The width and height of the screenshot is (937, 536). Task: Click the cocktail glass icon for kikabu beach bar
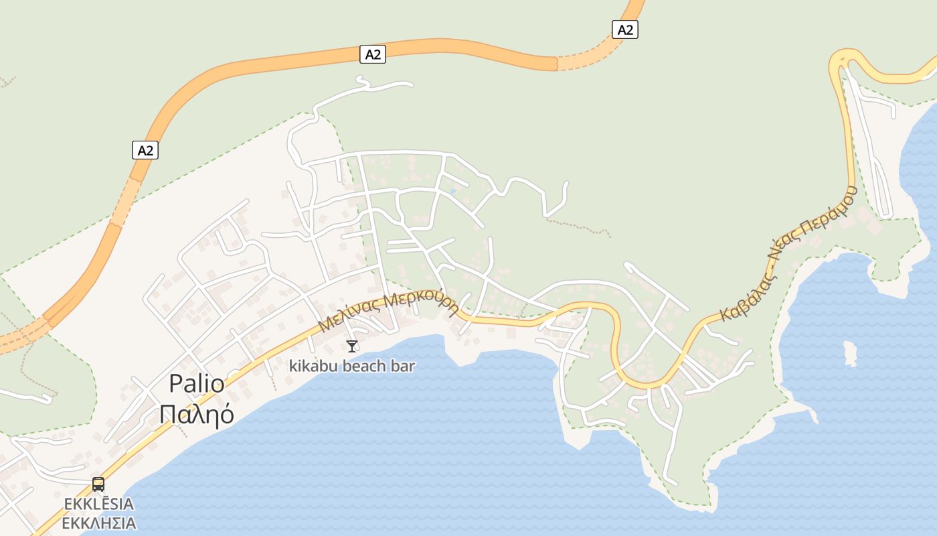tap(352, 346)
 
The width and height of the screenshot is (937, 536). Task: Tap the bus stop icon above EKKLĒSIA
tap(98, 484)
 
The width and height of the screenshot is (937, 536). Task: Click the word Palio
tap(196, 384)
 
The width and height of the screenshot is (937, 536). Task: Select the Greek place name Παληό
tap(197, 415)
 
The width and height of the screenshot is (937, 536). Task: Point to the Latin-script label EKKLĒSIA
tap(99, 504)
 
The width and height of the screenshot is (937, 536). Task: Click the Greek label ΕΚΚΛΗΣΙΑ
tap(99, 523)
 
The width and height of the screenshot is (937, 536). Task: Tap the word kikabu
tap(314, 366)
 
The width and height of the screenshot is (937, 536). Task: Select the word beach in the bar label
tap(367, 366)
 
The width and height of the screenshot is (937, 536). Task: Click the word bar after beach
tap(404, 366)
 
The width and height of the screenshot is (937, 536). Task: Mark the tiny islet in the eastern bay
tap(850, 353)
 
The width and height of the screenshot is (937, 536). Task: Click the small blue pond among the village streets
tap(453, 192)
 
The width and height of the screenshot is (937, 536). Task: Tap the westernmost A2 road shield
tap(145, 150)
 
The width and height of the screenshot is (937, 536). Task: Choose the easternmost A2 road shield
tap(624, 29)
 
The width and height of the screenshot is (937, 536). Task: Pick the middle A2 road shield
tap(373, 54)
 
